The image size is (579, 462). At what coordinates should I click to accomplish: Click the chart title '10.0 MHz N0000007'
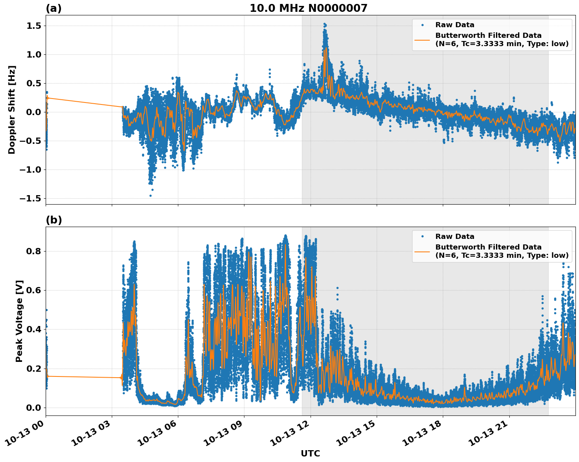click(x=308, y=8)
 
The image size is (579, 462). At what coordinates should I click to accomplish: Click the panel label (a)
click(x=54, y=8)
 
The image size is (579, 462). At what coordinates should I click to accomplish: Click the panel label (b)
click(x=54, y=220)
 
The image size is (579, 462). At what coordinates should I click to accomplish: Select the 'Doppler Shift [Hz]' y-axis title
click(x=12, y=110)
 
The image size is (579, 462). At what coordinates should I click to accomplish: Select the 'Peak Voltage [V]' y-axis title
click(x=19, y=321)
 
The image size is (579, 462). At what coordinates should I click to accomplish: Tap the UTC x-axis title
click(x=310, y=453)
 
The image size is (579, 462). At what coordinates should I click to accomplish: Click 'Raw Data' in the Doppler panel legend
click(x=455, y=25)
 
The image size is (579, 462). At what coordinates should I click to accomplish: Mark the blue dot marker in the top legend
click(x=422, y=25)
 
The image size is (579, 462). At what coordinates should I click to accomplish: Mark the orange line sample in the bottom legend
click(x=422, y=251)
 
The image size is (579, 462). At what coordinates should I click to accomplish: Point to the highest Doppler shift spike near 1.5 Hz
click(x=325, y=24)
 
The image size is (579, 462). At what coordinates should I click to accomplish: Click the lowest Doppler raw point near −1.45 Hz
click(x=150, y=196)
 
